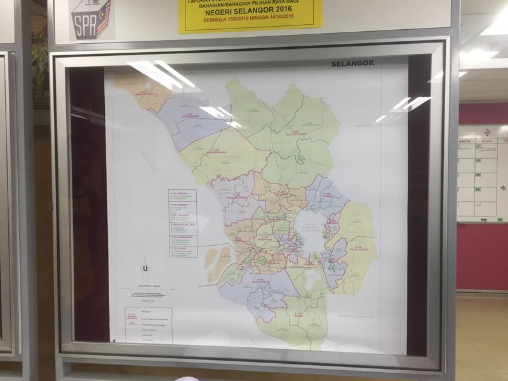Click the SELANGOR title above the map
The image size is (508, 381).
(352, 63)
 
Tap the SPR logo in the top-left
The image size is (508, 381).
(90, 20)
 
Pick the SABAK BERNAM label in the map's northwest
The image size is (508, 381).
(144, 94)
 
